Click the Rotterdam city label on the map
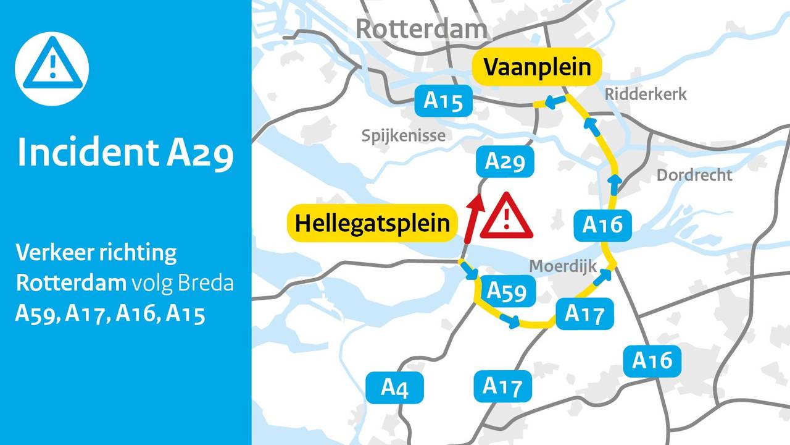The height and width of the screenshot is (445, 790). (421, 29)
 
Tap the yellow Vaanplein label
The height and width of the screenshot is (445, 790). (536, 67)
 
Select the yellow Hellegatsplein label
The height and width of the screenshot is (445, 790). (372, 223)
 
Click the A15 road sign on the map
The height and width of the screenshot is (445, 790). (443, 101)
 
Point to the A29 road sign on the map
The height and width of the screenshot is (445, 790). (505, 162)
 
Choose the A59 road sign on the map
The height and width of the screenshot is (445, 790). (507, 290)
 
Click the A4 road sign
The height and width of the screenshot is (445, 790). (394, 388)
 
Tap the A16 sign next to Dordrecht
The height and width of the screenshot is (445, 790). (602, 225)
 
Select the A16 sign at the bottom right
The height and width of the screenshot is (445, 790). (652, 360)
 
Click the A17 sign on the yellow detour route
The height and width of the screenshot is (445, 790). (584, 314)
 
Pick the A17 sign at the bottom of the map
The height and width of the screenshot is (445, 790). (502, 387)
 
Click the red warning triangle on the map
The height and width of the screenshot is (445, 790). (506, 217)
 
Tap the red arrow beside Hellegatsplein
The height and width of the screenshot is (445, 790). (472, 218)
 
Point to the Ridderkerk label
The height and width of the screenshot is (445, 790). (646, 95)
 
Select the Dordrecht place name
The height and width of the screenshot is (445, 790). (694, 175)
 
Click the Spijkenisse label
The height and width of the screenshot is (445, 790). (404, 135)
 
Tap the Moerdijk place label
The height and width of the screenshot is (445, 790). (563, 266)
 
